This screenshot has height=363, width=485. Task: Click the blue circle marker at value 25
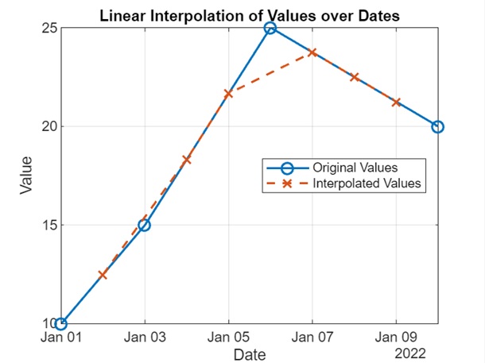(x=270, y=28)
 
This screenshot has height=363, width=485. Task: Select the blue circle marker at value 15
(x=145, y=225)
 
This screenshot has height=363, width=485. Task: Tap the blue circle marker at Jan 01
(x=61, y=323)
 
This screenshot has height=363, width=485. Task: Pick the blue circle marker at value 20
(x=437, y=126)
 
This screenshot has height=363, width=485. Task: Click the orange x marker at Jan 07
(x=312, y=52)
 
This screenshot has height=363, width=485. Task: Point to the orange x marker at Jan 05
(x=229, y=94)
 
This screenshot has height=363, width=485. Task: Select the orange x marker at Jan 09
(x=396, y=102)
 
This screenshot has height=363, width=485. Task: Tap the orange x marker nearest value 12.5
(x=103, y=274)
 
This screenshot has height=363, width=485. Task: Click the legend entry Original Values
(x=355, y=168)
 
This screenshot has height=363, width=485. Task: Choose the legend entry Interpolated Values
(x=366, y=184)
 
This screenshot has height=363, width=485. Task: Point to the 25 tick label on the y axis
(x=48, y=28)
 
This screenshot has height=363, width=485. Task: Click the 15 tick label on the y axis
(x=48, y=225)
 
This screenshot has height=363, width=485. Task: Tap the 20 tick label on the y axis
(x=48, y=126)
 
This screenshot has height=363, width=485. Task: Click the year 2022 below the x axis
(x=396, y=350)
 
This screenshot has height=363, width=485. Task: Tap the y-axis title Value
(x=26, y=176)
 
